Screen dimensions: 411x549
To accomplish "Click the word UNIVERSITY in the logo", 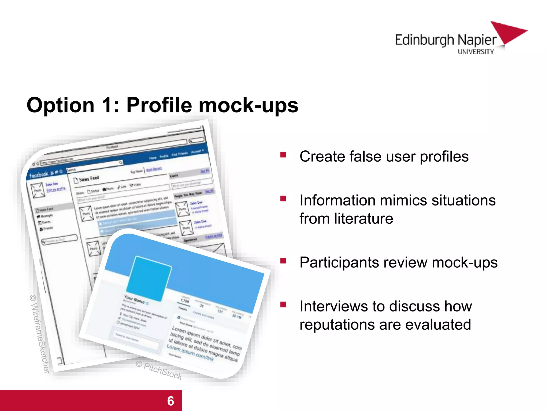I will coord(476,52).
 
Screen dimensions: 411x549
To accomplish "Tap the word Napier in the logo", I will coord(477,40).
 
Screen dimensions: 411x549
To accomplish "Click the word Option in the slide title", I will coord(61,105).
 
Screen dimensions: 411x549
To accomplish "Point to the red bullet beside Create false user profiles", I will coord(283,155).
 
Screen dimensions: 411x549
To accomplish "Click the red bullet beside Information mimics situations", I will coord(283,199).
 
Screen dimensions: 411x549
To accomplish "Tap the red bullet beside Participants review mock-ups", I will coord(283,261).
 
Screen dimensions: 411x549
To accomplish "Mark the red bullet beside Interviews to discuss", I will coord(283,305).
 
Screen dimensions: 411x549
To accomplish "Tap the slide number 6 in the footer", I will coord(170,401).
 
